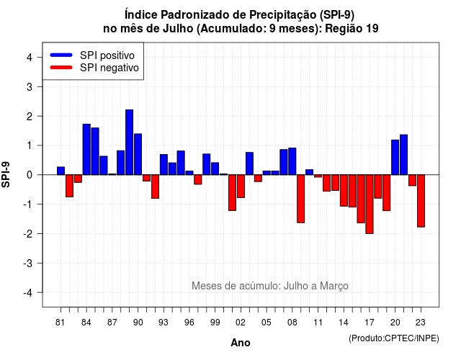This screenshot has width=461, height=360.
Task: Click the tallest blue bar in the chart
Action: coord(130,143)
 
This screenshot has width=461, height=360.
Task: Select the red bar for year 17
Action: coord(370,204)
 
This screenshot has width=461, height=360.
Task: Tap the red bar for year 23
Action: coord(421,201)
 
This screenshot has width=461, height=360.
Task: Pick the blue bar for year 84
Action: coord(86,149)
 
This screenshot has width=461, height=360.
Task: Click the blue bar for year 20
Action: coord(395,157)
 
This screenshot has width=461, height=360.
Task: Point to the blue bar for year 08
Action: coord(292,161)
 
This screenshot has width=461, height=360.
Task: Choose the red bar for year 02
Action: coord(241,186)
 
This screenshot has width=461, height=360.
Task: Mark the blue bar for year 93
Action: coord(164,165)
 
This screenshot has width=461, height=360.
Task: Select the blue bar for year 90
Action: coord(138,154)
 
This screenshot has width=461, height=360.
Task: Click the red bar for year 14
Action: coord(344,190)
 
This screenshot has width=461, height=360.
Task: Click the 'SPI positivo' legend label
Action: coord(107,55)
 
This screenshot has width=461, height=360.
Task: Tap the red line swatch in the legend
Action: coord(61,68)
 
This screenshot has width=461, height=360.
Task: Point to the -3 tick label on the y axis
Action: coord(28,264)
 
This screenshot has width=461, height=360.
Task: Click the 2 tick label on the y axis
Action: coord(30,117)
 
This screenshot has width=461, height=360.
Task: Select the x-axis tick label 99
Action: coord(215,323)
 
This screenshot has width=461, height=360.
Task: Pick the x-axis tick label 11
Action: coord(318,323)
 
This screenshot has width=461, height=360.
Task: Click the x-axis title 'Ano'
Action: coord(241,343)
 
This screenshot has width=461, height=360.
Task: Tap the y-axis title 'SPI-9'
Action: coord(6,174)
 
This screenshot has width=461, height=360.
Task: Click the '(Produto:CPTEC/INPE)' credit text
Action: coord(394,338)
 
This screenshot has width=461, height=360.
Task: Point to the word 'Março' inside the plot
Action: coord(334,286)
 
